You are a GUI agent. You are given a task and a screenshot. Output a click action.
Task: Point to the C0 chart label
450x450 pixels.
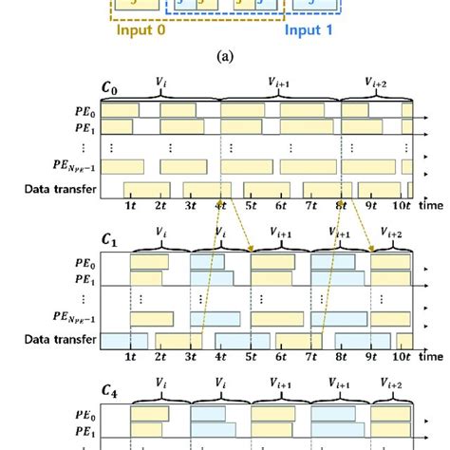coord(112,93)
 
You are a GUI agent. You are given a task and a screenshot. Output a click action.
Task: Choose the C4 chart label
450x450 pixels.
coord(112,389)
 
